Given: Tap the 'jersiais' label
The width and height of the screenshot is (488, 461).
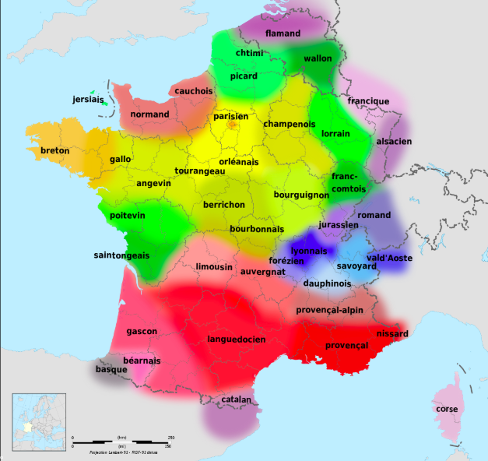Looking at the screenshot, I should point(87,100).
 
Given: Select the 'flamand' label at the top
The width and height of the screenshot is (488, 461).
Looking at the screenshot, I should point(283,33).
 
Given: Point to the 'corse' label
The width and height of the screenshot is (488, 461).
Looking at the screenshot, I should point(447,408).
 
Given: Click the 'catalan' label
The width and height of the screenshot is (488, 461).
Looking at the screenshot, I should point(235,399).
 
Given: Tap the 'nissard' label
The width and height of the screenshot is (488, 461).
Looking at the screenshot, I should point(391,333).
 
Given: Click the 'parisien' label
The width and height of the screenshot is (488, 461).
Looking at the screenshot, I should point(231,116).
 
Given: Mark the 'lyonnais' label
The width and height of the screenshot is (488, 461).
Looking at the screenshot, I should point(308,251).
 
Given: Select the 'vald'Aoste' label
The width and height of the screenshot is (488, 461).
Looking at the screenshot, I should point(389,258).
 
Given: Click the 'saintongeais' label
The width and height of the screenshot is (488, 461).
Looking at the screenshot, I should point(121,255).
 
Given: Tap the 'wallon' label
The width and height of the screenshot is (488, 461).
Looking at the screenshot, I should point(318,58).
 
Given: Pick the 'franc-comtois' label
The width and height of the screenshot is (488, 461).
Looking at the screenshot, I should point(349,182).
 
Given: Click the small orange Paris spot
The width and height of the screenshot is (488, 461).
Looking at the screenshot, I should point(232,125).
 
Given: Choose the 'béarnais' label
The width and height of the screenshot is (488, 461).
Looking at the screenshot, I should point(142,361).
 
